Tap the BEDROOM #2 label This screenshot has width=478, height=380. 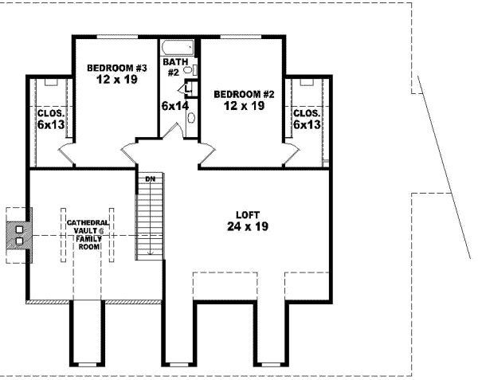tap(244, 94)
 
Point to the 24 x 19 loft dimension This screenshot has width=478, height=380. tap(247, 227)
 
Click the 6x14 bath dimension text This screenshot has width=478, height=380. tap(175, 105)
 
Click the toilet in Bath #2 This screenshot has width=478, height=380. tap(190, 71)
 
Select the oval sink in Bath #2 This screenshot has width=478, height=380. tap(191, 117)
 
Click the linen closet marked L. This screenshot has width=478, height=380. tap(187, 88)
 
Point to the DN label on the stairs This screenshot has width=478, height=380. tap(149, 178)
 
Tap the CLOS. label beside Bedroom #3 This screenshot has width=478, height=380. tap(50, 113)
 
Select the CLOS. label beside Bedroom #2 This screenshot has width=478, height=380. tap(307, 113)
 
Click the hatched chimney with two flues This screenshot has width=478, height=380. tap(18, 233)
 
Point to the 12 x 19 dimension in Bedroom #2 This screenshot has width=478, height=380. tap(244, 106)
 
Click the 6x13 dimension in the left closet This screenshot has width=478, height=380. tap(50, 125)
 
